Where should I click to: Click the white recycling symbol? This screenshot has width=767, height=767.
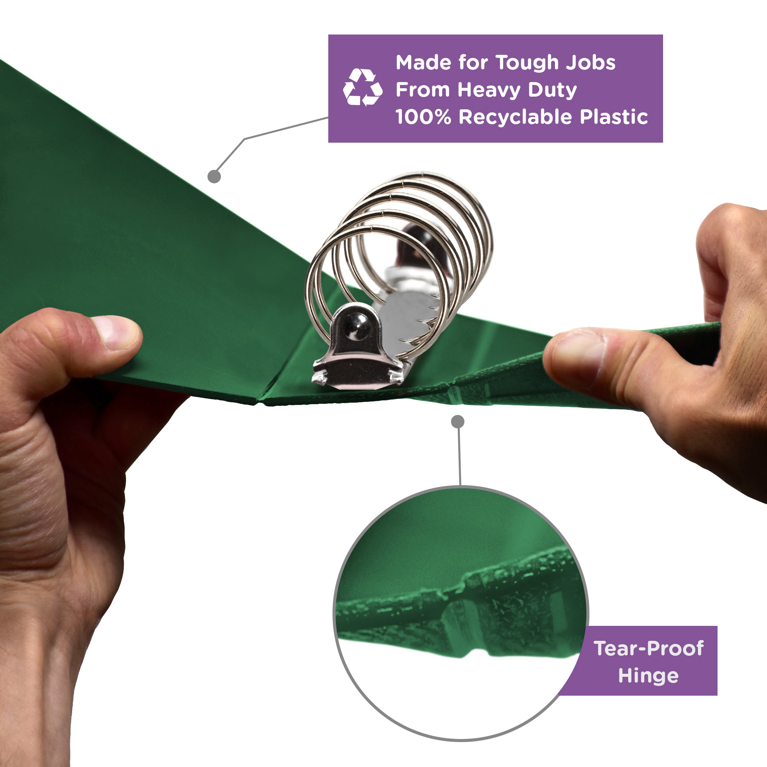coord(362,87)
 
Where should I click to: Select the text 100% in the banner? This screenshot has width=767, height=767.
coord(423,117)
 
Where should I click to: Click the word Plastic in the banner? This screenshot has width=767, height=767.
coord(614,117)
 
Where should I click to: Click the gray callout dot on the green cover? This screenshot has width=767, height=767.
coord(214,176)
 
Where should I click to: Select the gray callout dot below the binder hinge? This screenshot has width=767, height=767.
coord(458,421)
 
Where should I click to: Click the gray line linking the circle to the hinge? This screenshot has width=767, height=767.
coord(459,456)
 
